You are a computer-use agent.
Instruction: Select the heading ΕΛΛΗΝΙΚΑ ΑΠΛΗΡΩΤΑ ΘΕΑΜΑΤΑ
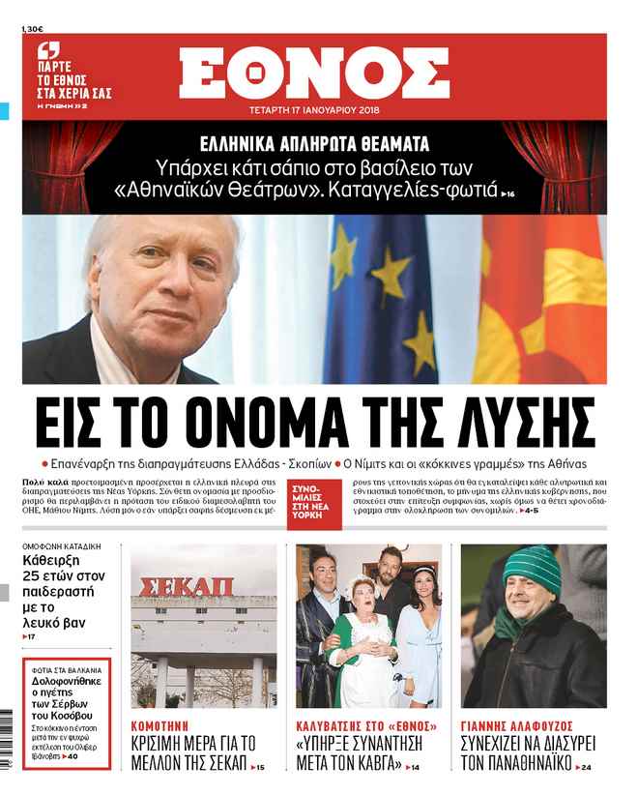(x=314, y=144)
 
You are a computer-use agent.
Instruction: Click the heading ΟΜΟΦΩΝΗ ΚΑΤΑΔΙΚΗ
(x=62, y=545)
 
